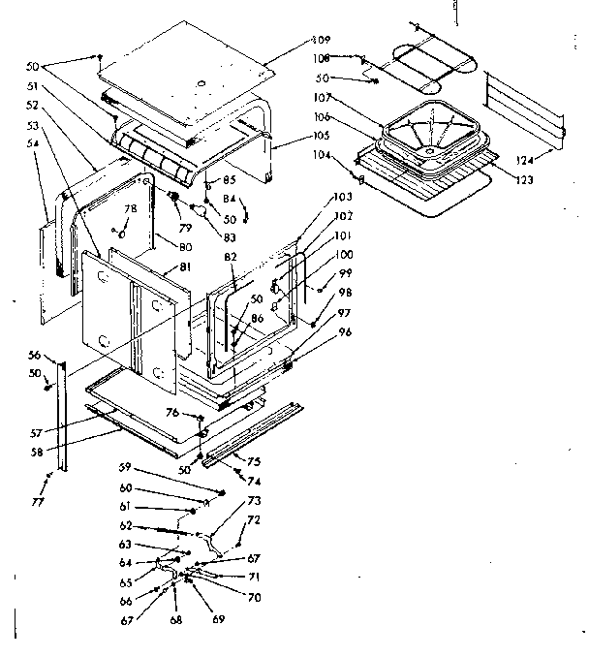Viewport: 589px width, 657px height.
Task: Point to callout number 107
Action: tap(323, 99)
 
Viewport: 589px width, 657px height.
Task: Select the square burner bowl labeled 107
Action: tap(425, 130)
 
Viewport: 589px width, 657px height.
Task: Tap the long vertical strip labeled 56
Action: tap(64, 417)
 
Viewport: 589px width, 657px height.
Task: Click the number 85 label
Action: tap(231, 180)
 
